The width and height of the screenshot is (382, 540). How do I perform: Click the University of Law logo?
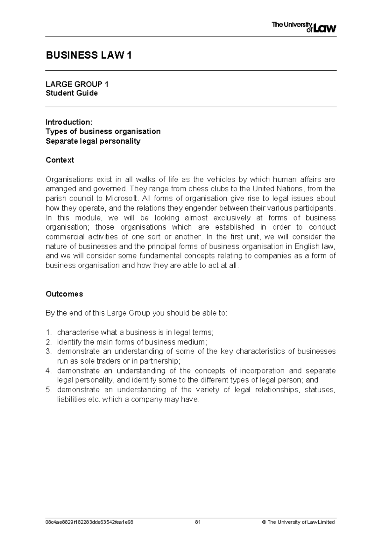pyautogui.click(x=304, y=27)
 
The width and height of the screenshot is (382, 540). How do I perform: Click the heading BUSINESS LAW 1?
pyautogui.click(x=89, y=56)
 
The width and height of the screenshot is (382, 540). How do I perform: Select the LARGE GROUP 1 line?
pyautogui.click(x=77, y=84)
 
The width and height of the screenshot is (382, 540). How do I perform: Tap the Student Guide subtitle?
pyautogui.click(x=72, y=93)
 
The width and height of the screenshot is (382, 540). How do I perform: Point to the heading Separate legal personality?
pyautogui.click(x=93, y=141)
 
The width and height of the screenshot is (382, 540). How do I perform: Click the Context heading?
pyautogui.click(x=60, y=160)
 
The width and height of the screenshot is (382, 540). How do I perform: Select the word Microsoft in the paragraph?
pyautogui.click(x=122, y=198)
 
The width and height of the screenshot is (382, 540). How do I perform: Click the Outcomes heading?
pyautogui.click(x=64, y=294)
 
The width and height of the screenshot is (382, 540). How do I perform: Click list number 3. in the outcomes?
pyautogui.click(x=48, y=352)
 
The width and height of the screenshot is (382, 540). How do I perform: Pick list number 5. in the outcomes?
pyautogui.click(x=48, y=390)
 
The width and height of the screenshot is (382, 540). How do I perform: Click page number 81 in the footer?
pyautogui.click(x=198, y=522)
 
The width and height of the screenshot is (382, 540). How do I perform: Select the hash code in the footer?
pyautogui.click(x=89, y=522)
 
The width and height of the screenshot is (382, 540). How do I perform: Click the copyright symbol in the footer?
pyautogui.click(x=264, y=522)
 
